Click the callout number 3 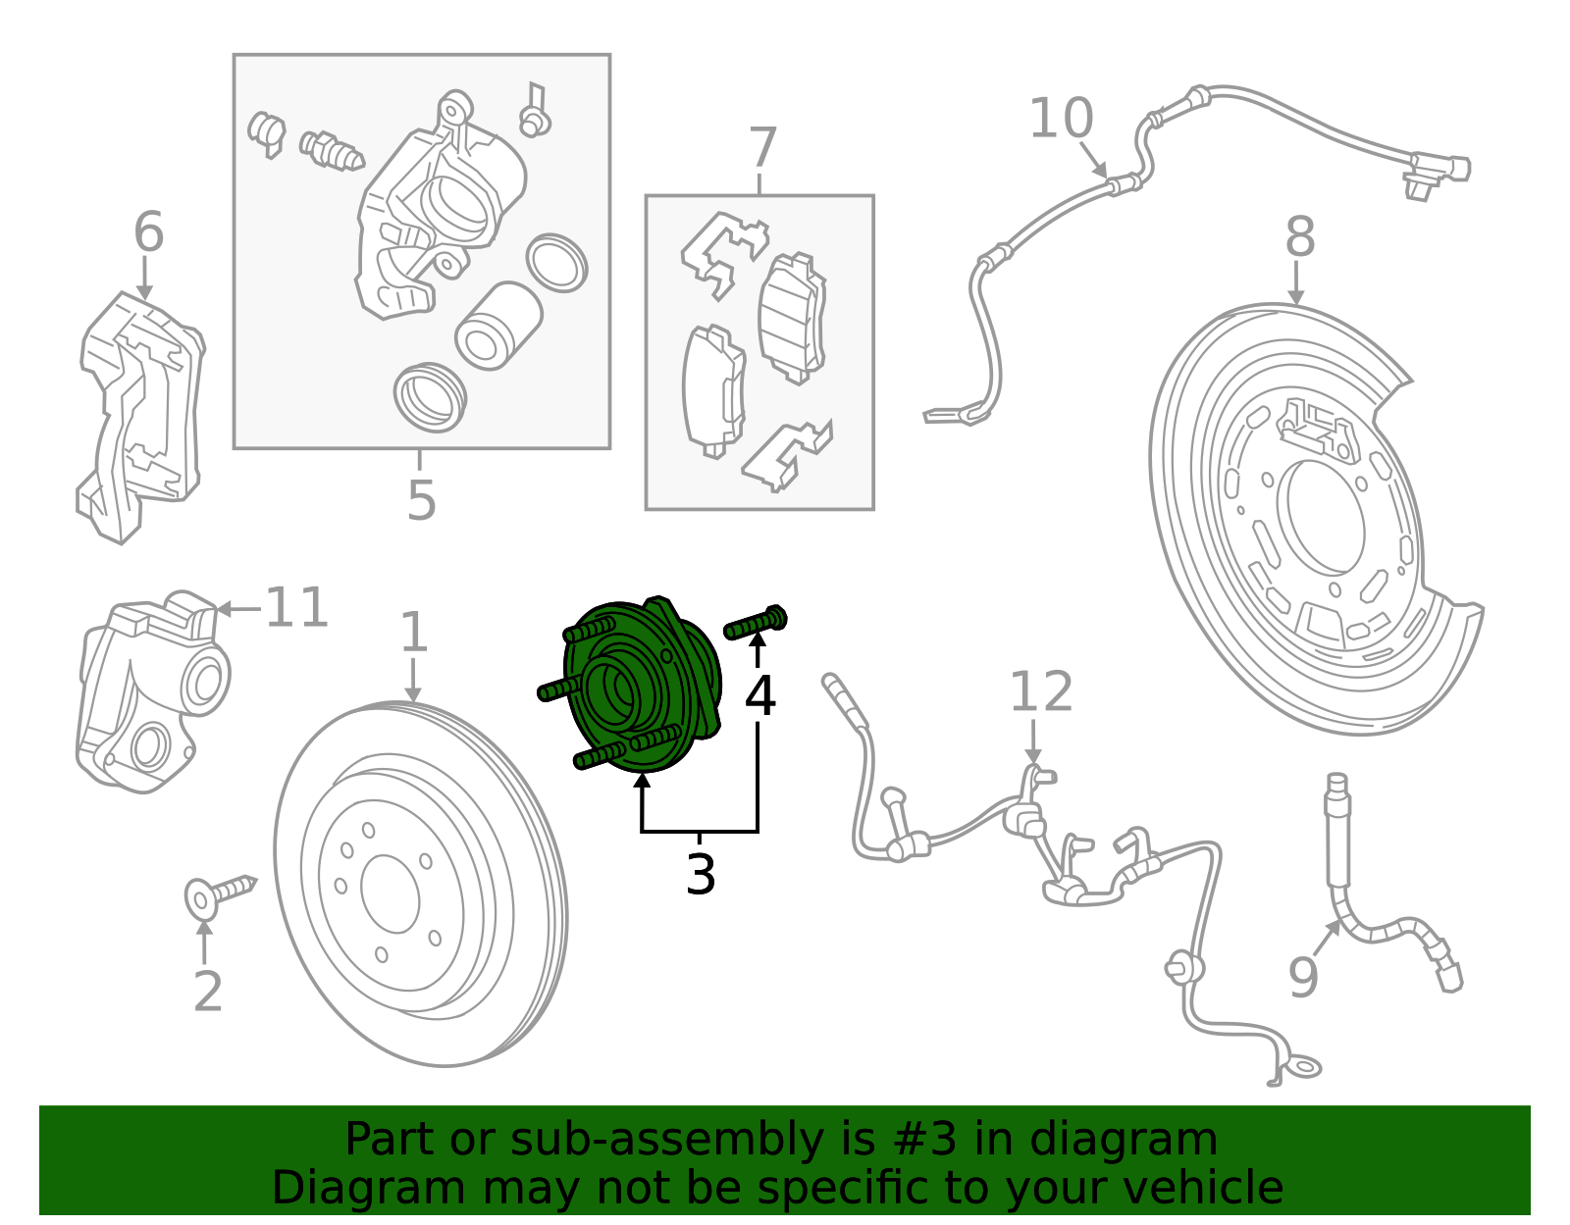701,874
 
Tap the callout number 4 760,695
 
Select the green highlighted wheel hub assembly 643,687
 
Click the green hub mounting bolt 757,623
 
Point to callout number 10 1061,120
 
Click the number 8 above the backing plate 1299,238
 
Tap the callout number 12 1041,692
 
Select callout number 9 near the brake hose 1304,977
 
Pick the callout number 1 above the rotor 414,633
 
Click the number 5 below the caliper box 421,500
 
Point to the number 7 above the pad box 762,149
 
